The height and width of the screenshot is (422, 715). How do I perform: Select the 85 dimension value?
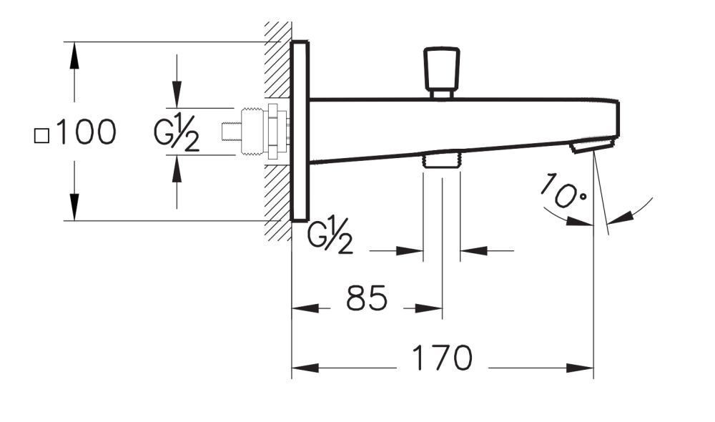pos(366,298)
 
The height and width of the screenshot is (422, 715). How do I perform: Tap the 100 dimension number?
pos(86,133)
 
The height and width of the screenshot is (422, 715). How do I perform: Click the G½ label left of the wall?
pos(177,134)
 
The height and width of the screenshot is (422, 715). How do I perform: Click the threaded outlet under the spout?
pos(441,160)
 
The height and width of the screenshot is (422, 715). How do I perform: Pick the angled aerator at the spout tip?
pos(592,145)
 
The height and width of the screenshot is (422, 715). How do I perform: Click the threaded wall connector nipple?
pos(257,131)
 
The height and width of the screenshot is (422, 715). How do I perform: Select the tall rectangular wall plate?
pos(300,131)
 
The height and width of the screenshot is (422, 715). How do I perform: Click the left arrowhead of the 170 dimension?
pos(304,369)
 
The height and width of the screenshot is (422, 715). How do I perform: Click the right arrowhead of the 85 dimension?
pos(430,309)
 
